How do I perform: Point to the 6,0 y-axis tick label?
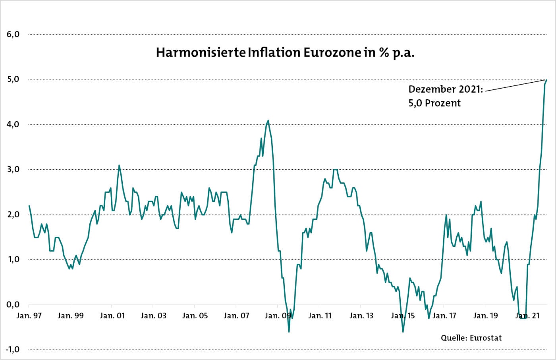(13, 35)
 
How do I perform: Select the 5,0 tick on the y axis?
(13, 79)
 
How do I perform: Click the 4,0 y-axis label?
(13, 124)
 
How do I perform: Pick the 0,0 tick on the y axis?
(13, 305)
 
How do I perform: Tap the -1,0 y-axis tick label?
(12, 350)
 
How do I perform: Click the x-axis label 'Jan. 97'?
(29, 316)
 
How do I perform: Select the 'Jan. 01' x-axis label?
(112, 316)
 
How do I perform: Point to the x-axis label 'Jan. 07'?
(236, 316)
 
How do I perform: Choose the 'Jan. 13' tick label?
(361, 316)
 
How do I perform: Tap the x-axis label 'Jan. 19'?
(485, 316)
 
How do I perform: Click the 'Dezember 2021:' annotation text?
(446, 89)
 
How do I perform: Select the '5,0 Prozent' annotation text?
(434, 103)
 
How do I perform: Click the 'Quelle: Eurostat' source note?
(471, 338)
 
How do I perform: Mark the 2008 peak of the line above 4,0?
(268, 120)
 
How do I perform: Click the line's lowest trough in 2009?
(289, 332)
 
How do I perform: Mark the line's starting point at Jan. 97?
(29, 206)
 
